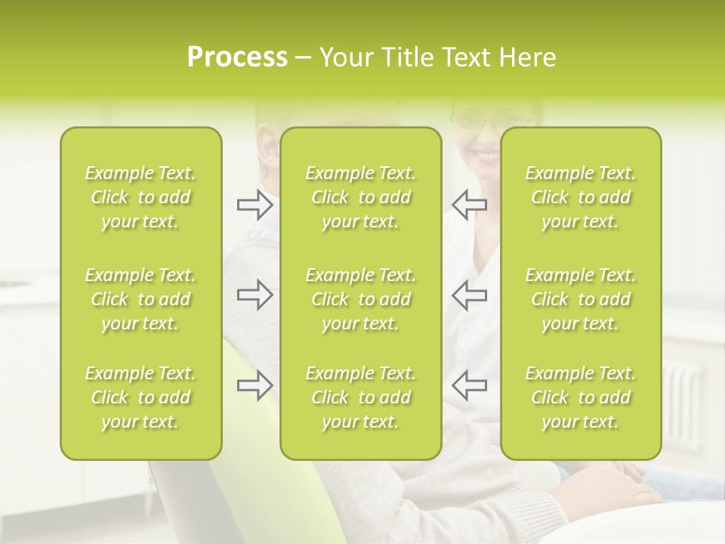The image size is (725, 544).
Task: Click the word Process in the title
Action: coord(237,57)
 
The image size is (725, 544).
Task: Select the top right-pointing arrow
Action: coord(255,204)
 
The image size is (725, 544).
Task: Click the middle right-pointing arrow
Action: coord(255,295)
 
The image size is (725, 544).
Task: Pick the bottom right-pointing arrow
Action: coord(255,385)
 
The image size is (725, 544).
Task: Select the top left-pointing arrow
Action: coord(469,204)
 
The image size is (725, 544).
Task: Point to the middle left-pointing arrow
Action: coord(469,295)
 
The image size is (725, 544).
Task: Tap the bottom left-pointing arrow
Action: coord(469,385)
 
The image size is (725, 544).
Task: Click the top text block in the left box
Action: coord(140,197)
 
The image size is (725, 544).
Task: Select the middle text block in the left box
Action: coord(140,299)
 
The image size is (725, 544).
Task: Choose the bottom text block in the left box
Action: coord(140,397)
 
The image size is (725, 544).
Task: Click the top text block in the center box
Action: coord(361,197)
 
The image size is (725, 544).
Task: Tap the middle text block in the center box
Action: coord(361,299)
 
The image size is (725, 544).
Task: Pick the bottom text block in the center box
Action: coord(361,397)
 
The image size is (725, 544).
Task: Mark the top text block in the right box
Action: coord(581,197)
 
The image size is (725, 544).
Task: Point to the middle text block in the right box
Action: coord(581,299)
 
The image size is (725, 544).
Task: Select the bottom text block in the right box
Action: coord(581,397)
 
